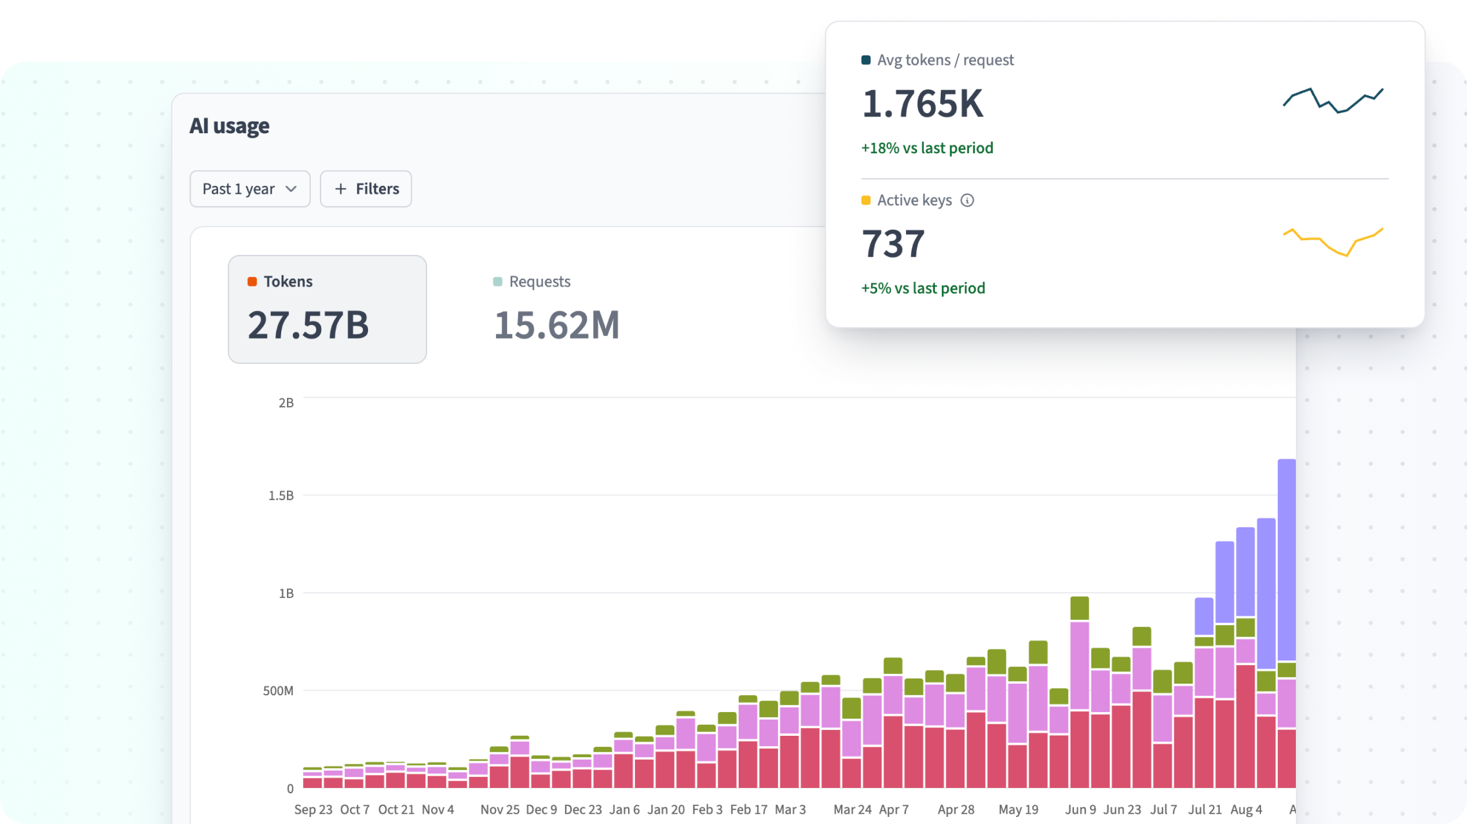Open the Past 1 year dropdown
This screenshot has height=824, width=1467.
coord(250,189)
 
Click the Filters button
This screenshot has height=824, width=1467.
coord(365,189)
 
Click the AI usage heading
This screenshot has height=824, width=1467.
coord(229,126)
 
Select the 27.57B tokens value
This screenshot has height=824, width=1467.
coord(308,324)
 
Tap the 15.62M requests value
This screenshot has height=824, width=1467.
coord(557,324)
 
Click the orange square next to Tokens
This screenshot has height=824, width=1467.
coord(252,281)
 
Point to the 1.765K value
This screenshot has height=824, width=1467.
coord(923,104)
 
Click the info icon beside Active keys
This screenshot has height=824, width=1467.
coord(967,200)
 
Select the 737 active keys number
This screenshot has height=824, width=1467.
coord(893,243)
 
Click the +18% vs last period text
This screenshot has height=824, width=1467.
coord(927,148)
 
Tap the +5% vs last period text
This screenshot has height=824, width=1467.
coord(923,288)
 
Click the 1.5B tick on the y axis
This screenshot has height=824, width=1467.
coord(281,496)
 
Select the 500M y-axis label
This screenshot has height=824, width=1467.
coord(278,691)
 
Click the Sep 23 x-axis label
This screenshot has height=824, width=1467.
coord(313,809)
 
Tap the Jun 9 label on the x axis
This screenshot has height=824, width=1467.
coord(1080,809)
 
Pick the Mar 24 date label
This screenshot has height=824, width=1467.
coord(853,809)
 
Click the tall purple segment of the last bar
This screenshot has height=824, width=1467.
coord(1286,560)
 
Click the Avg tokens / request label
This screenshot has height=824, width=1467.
coord(945,60)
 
